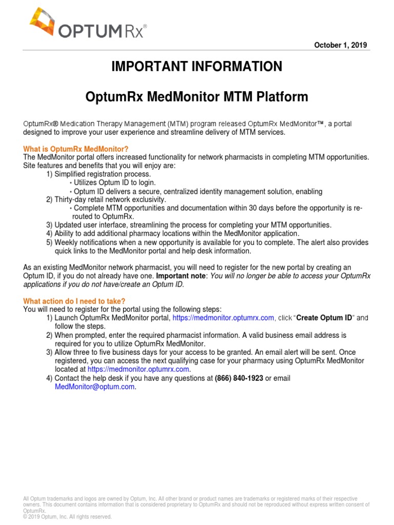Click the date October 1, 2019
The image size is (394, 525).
click(340, 45)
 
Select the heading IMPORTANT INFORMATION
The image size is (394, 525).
click(196, 67)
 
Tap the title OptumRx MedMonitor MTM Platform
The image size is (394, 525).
click(196, 97)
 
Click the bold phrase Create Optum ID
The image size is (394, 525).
click(324, 318)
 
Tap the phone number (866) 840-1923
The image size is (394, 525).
click(239, 378)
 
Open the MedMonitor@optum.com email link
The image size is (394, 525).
click(95, 387)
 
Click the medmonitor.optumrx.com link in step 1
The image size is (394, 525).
click(224, 318)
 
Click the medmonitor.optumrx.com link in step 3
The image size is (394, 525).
click(139, 369)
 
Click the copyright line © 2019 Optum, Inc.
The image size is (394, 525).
click(68, 517)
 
